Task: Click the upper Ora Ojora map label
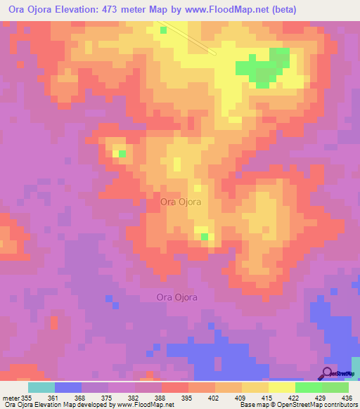click(x=181, y=202)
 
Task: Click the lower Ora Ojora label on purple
click(x=176, y=297)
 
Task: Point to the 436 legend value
click(x=347, y=398)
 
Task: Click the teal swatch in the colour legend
click(x=41, y=387)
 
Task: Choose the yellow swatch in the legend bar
click(x=281, y=387)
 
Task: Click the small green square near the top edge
click(x=163, y=30)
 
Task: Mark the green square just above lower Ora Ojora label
click(x=204, y=237)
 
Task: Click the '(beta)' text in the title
click(x=276, y=9)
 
